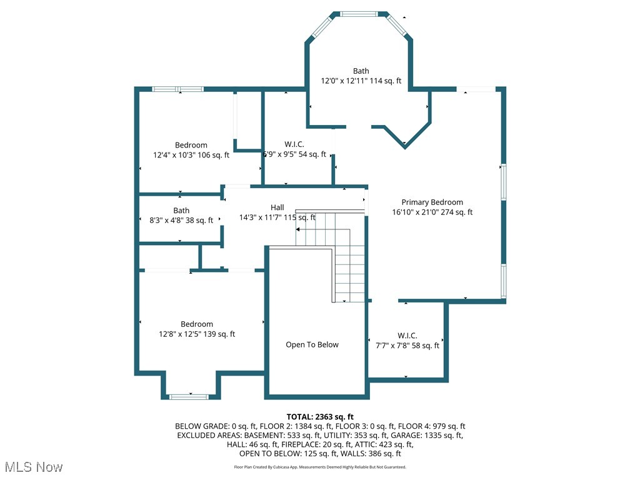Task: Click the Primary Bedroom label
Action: click(x=432, y=202)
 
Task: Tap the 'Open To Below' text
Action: click(x=312, y=344)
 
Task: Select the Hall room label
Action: click(x=277, y=207)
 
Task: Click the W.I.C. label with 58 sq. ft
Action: click(x=407, y=336)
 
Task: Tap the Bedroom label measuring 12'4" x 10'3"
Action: click(x=191, y=145)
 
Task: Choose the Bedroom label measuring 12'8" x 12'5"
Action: click(x=197, y=324)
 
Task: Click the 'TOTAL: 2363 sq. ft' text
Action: click(x=320, y=417)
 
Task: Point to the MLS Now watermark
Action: click(x=34, y=467)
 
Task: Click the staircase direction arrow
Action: click(x=298, y=229)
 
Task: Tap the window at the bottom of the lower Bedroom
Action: click(x=189, y=396)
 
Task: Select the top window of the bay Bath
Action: click(x=358, y=13)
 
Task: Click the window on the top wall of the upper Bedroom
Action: click(x=178, y=89)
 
